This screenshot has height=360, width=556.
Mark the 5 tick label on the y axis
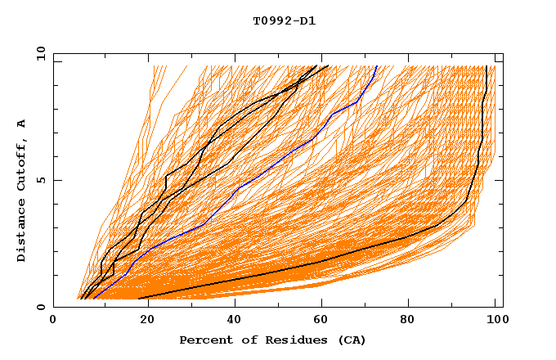pos(40,180)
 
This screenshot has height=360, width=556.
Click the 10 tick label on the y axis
pos(37,53)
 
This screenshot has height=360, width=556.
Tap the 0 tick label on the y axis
pos(40,307)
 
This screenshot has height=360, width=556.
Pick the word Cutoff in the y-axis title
pos(22,162)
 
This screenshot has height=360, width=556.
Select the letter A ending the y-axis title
pos(22,123)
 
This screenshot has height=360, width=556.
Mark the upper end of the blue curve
pos(376,66)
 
